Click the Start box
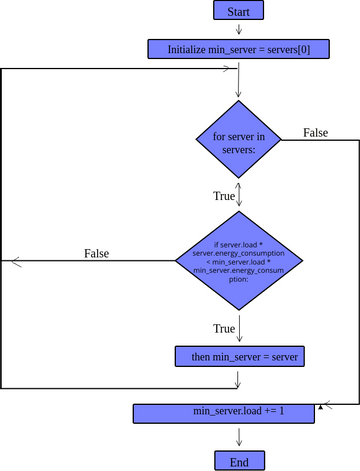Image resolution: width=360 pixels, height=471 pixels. pyautogui.click(x=239, y=11)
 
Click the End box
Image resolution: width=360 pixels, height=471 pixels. pyautogui.click(x=239, y=461)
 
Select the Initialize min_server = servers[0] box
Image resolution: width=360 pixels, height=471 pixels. pyautogui.click(x=238, y=48)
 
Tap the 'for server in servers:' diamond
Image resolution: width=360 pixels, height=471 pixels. pyautogui.click(x=239, y=141)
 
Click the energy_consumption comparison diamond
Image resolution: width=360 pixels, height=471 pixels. pyautogui.click(x=239, y=261)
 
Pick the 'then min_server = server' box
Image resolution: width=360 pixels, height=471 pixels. pyautogui.click(x=238, y=356)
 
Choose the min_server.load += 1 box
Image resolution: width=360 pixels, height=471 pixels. pyautogui.click(x=239, y=412)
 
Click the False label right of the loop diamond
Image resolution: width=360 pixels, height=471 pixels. pyautogui.click(x=315, y=133)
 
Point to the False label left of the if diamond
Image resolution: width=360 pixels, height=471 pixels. pyautogui.click(x=96, y=253)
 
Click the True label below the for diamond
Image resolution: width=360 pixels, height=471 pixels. pyautogui.click(x=224, y=196)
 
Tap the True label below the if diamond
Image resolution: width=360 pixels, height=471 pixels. pyautogui.click(x=224, y=328)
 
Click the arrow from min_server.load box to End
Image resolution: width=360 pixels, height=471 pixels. pyautogui.click(x=239, y=436)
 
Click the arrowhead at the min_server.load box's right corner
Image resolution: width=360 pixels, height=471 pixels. pyautogui.click(x=320, y=407)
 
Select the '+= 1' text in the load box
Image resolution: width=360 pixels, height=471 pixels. pyautogui.click(x=273, y=412)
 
